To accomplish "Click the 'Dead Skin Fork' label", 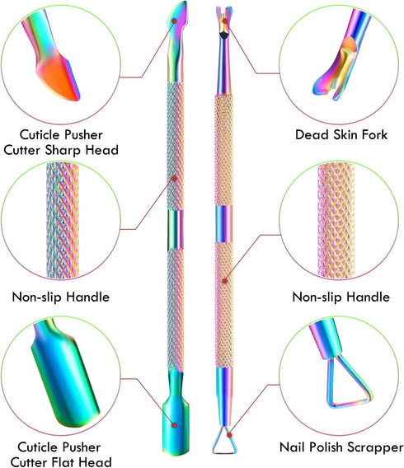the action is pos(341,134).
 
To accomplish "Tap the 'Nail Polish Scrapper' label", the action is pos(341,447).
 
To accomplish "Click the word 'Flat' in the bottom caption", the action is pos(63,461).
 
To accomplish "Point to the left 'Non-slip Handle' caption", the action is pos(61,297).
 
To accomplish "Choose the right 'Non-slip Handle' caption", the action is pos(341,297).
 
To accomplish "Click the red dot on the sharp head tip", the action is pos(175,21).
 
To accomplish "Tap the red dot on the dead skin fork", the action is pos(225,21).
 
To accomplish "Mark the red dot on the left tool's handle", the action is pos(175,178).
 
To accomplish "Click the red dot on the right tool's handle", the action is pos(225,281).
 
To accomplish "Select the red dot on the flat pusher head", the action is pos(175,425).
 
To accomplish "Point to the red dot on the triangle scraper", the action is pos(229,435).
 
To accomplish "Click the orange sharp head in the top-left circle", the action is pos(59,76).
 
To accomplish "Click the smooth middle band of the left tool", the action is pos(176,229).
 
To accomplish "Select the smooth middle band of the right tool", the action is pos(223,224).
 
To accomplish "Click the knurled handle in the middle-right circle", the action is pos(336,220).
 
